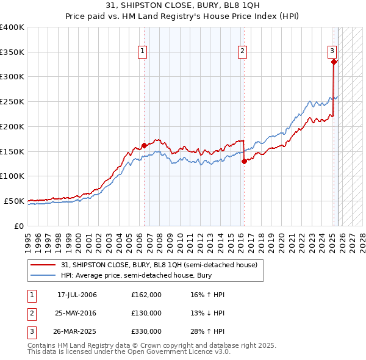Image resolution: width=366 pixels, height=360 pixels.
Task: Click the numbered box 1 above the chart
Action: click(142, 51)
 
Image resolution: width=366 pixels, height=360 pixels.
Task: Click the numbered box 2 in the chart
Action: click(242, 51)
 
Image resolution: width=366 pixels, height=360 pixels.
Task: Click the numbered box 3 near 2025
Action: click(332, 51)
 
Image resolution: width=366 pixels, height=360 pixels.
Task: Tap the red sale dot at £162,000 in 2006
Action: click(145, 145)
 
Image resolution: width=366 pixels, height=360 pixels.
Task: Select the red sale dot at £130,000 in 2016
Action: click(244, 161)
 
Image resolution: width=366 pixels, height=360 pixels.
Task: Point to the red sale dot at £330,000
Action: click(334, 62)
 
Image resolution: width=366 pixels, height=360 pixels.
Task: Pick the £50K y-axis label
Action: click(14, 201)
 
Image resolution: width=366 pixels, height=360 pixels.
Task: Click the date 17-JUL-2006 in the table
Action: click(77, 295)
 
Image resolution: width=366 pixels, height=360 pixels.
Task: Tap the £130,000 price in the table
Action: click(146, 313)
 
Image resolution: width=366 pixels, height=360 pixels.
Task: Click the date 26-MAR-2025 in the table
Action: click(77, 332)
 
